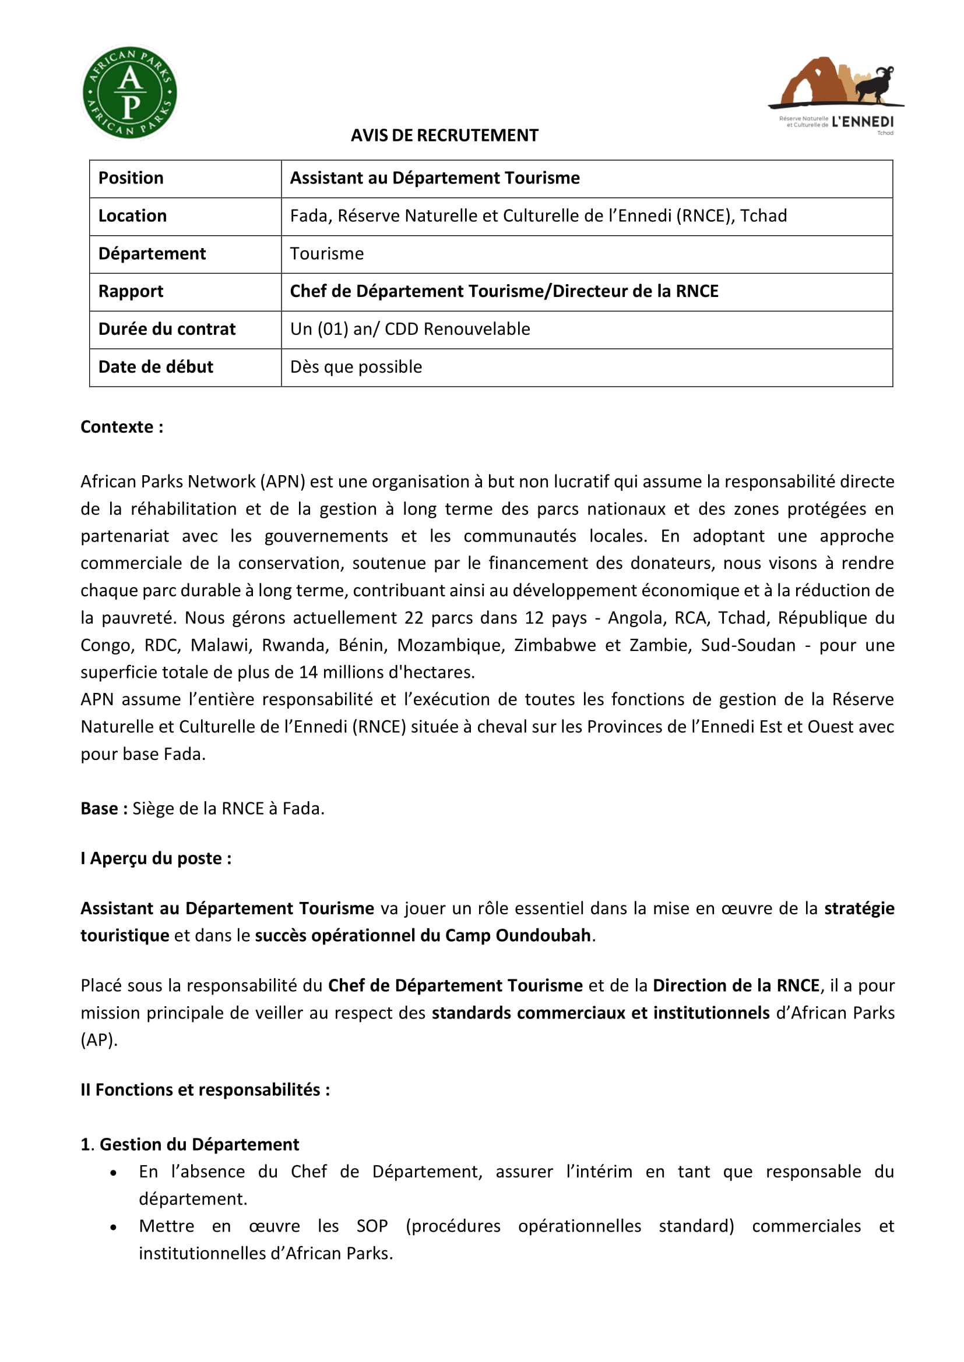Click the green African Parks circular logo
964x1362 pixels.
pos(129,93)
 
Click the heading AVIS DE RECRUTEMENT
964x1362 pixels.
pos(444,135)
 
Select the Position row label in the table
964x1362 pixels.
pos(131,178)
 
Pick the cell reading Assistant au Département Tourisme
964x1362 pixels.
pos(435,178)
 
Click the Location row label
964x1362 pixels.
pos(132,216)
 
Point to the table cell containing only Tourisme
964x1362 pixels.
pos(326,254)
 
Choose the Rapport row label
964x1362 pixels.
pos(131,291)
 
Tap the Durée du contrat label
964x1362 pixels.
pos(167,329)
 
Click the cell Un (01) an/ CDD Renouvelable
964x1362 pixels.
pos(410,329)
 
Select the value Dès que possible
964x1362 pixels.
pos(356,367)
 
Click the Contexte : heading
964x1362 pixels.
pos(122,427)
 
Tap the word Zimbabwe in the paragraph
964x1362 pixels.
pos(554,645)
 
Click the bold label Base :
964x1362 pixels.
pos(104,809)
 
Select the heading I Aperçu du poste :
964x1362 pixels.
pos(156,858)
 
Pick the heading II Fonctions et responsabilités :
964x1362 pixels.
pos(205,1089)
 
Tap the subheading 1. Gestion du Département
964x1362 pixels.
pos(190,1144)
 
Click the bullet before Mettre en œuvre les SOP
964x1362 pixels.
pos(114,1227)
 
